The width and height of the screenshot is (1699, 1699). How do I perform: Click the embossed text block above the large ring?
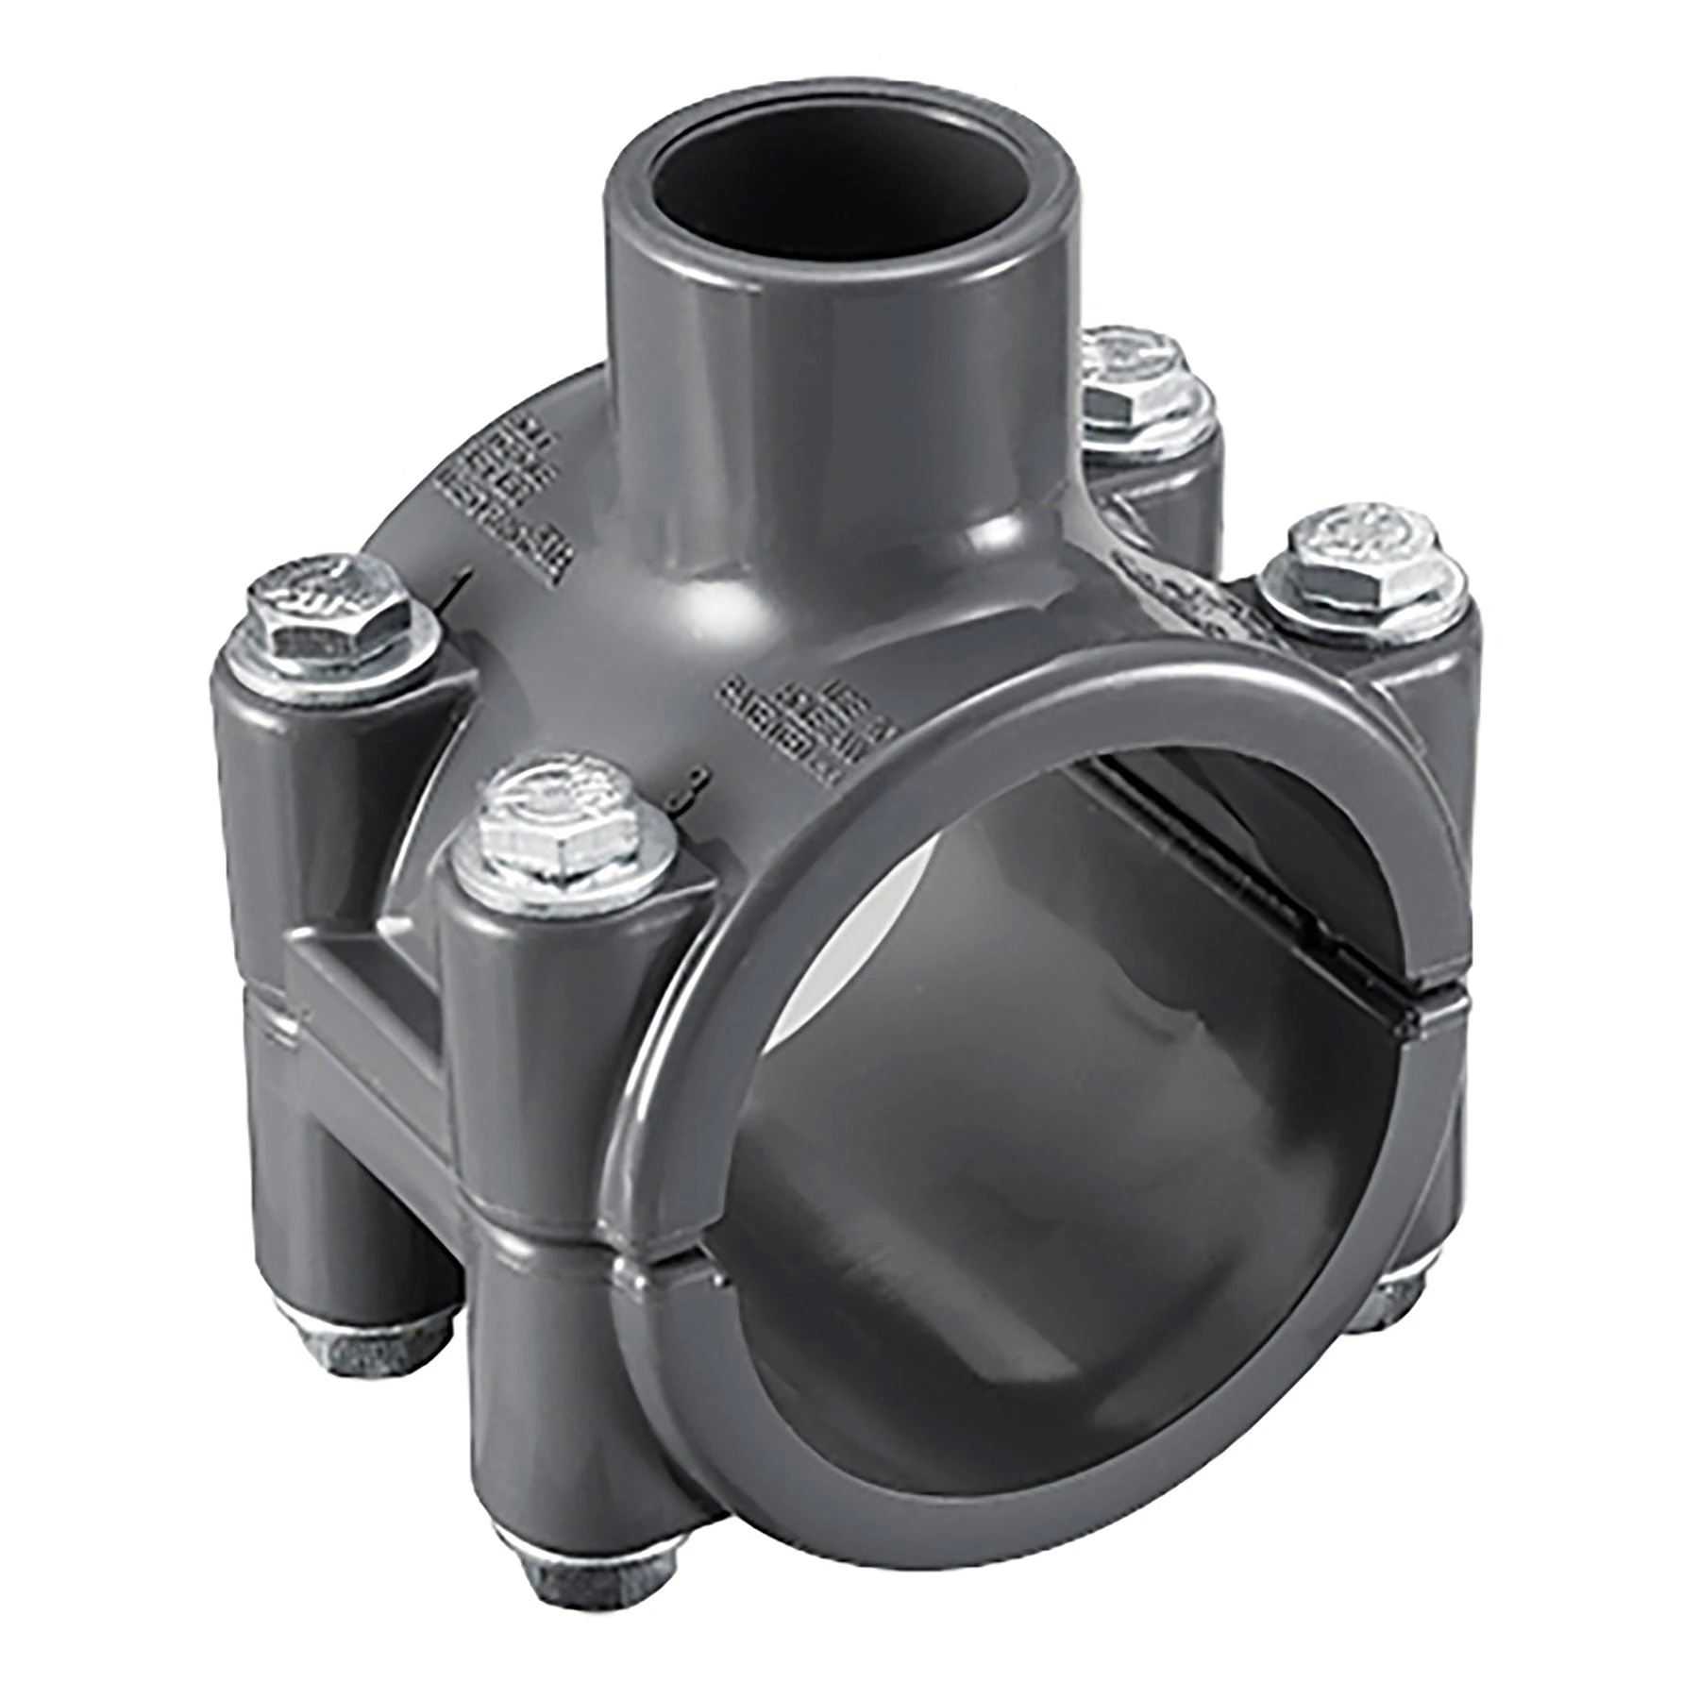click(802, 727)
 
